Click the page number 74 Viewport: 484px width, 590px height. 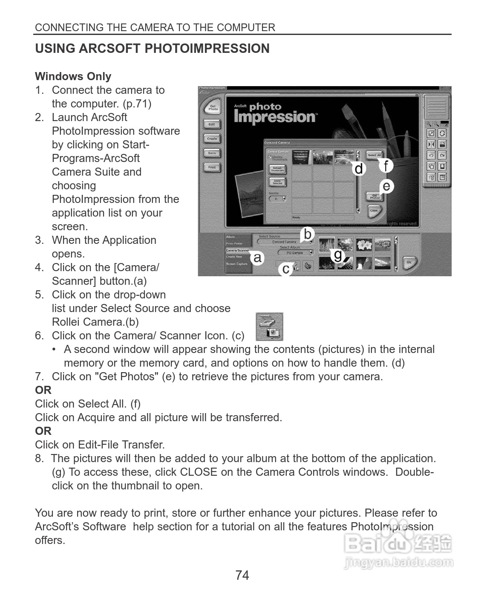[242, 575]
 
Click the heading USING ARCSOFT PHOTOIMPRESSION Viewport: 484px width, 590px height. [152, 49]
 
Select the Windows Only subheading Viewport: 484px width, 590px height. [73, 76]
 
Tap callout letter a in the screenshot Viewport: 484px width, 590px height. [257, 257]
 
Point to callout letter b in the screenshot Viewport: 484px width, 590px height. [308, 234]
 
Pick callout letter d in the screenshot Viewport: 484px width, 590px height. [359, 169]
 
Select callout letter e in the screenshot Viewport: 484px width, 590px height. [386, 186]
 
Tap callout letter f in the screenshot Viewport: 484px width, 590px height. [386, 165]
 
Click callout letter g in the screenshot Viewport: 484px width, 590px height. [338, 255]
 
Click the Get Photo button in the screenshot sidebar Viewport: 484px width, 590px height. [213, 108]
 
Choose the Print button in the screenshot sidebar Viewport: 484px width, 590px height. [212, 168]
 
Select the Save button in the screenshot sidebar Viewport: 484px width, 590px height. [212, 153]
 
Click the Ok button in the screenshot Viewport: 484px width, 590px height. [409, 262]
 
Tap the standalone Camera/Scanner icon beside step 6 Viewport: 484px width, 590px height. [269, 327]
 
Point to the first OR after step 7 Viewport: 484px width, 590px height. [43, 390]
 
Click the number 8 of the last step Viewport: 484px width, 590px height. [39, 458]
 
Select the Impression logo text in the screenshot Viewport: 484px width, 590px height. [275, 116]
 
